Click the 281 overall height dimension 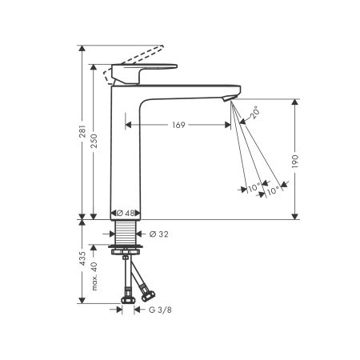point(81,138)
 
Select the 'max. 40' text point(94,275)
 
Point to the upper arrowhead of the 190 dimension point(297,102)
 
